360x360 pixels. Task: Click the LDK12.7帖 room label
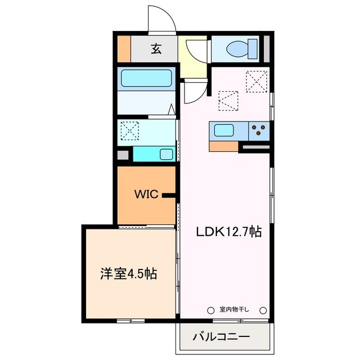pos(228,231)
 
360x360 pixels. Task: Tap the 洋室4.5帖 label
pos(128,274)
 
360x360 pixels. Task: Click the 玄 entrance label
pos(156,49)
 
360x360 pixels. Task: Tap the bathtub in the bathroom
pos(146,78)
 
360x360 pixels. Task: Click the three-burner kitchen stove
pos(259,131)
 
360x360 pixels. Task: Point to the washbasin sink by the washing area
pos(166,154)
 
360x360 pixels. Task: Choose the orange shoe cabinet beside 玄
pos(124,49)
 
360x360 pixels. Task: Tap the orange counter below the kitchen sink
pos(223,146)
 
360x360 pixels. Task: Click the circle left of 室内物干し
pos(210,309)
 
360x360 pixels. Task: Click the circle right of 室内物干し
pos(263,309)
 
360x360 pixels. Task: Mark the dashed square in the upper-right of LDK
pos(257,82)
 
